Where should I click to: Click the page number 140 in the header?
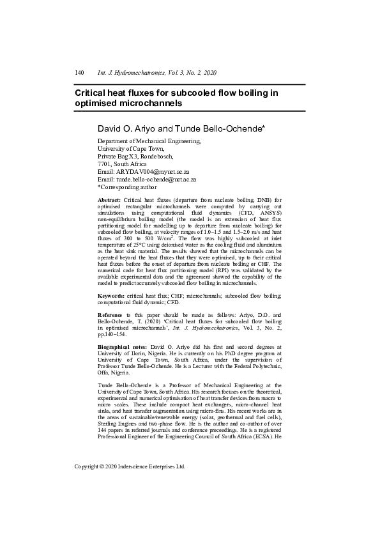(x=79, y=73)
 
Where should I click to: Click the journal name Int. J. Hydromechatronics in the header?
(x=133, y=73)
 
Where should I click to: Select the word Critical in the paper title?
(x=93, y=93)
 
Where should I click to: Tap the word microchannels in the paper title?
(x=148, y=103)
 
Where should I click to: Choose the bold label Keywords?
(x=110, y=296)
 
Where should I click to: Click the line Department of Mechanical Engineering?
(x=149, y=141)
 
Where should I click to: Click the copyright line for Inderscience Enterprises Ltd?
(x=130, y=466)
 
